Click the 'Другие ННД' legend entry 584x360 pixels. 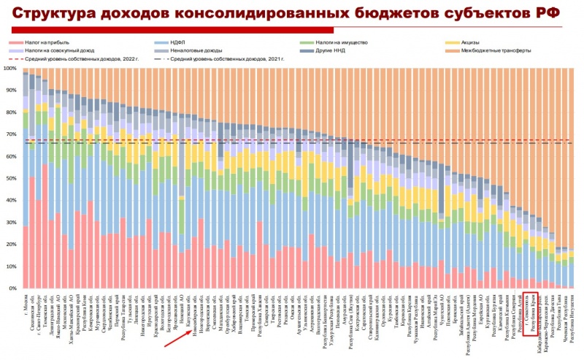334,50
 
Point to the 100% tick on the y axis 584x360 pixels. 11,69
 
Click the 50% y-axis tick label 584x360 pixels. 11,178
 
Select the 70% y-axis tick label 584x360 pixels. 11,134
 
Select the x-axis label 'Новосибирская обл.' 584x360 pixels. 196,315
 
